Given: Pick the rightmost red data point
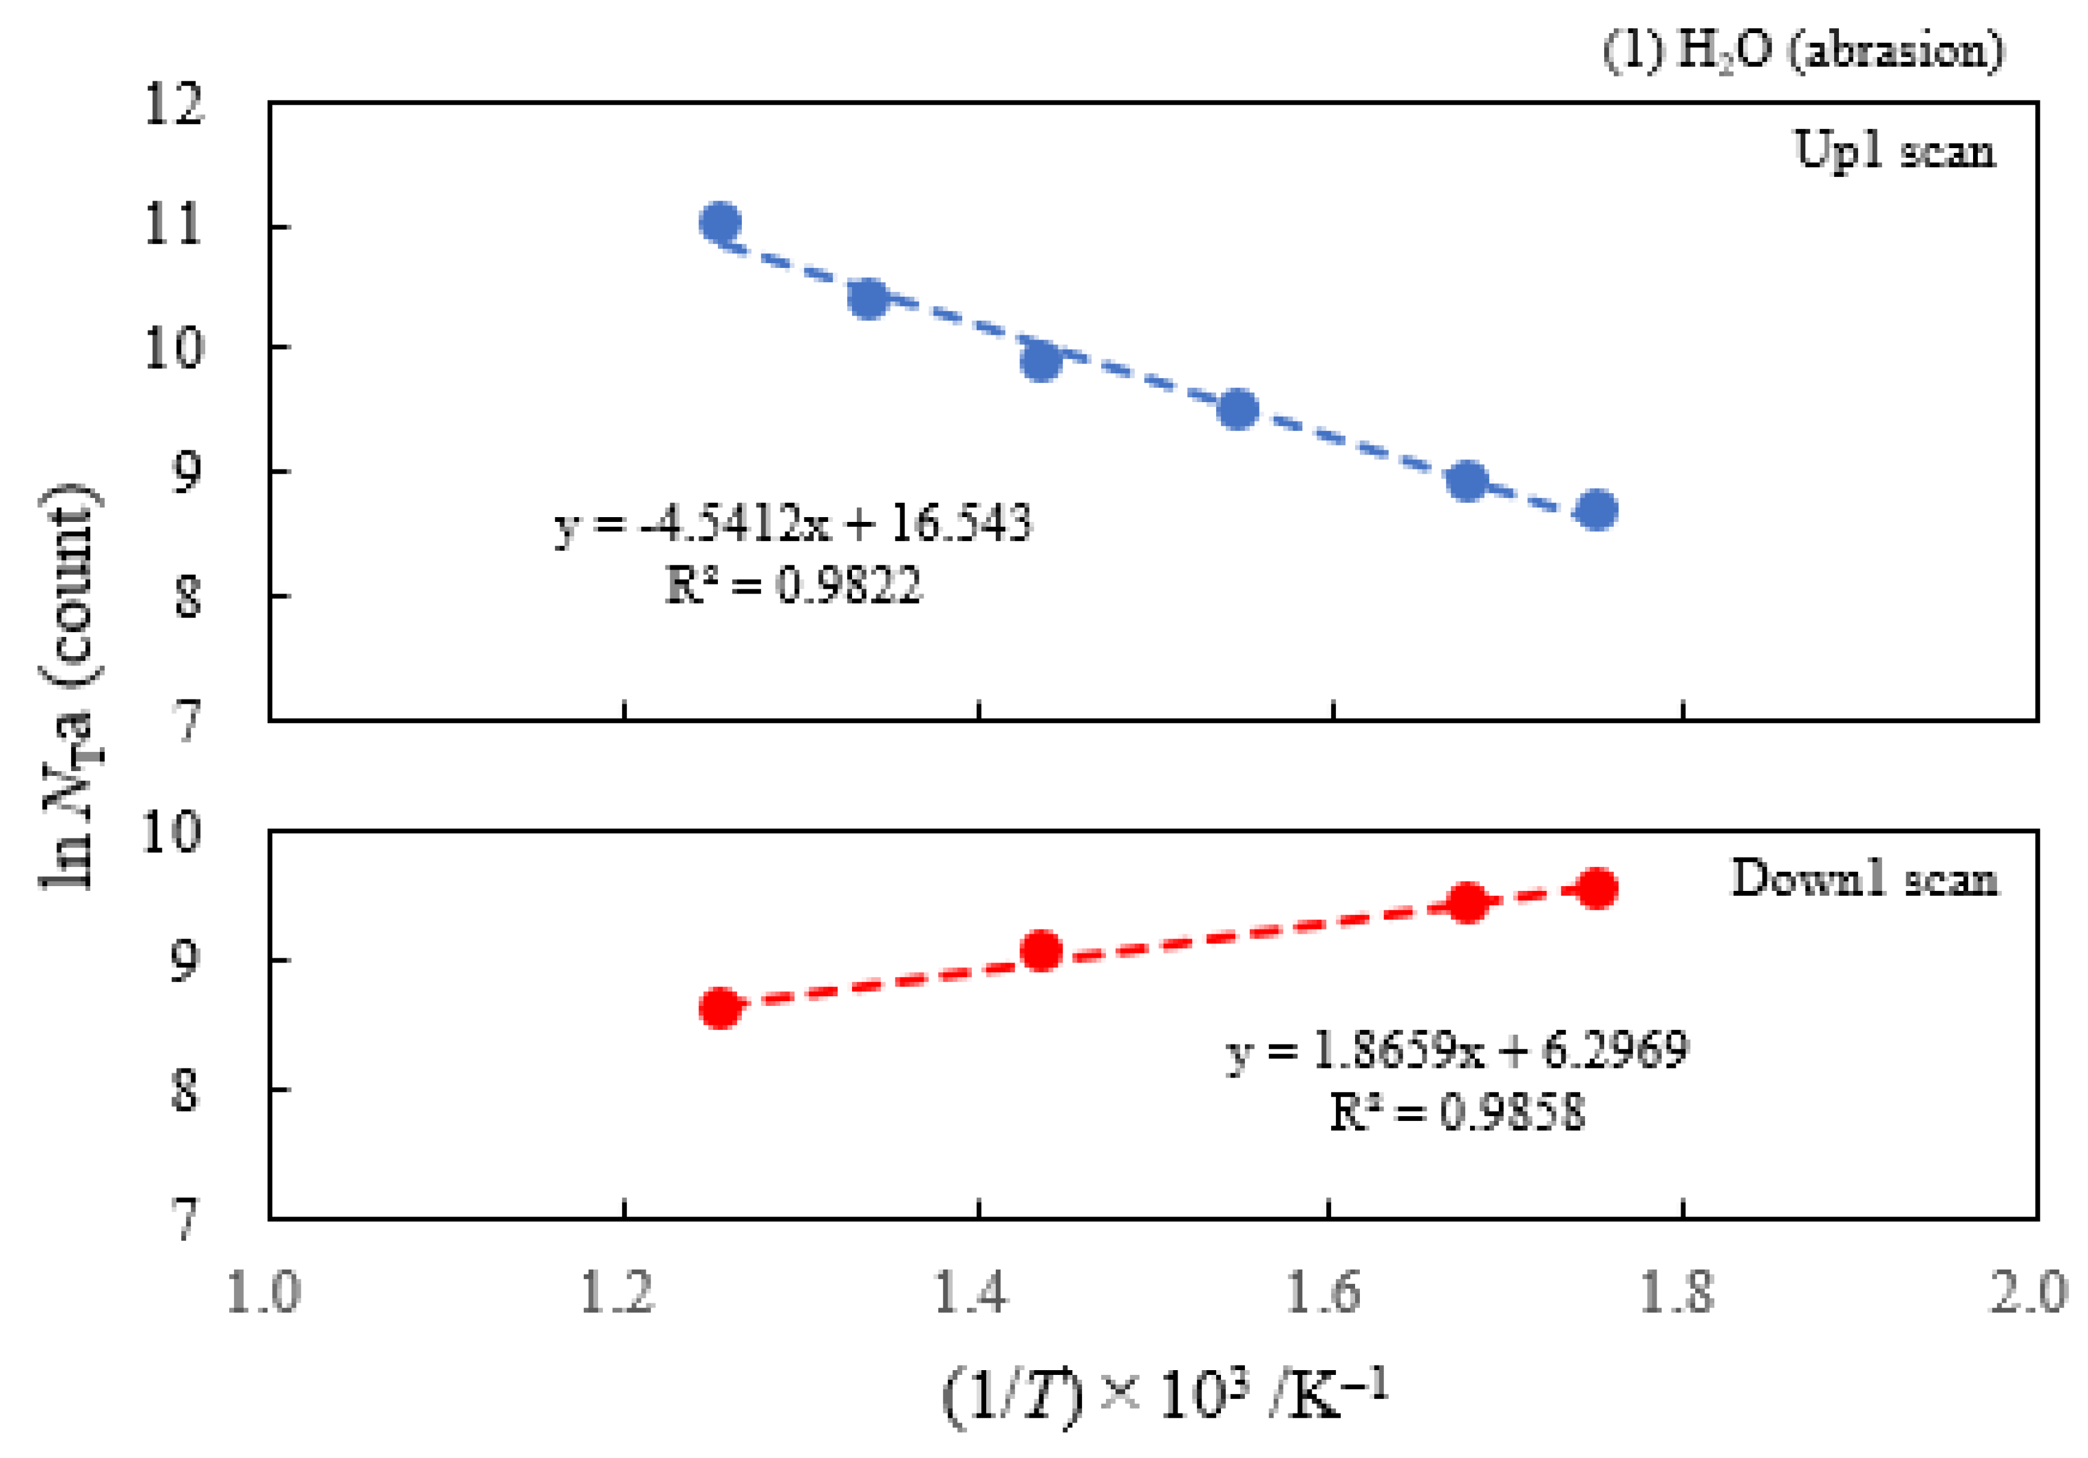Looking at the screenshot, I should point(1597,888).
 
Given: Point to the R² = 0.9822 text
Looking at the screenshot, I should point(793,585).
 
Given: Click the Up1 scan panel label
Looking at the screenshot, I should point(1894,150).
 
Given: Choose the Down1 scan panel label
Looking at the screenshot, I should point(1864,879).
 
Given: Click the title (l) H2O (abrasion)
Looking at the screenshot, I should point(1803,50).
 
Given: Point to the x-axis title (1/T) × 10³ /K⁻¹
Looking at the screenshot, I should point(1164,1395).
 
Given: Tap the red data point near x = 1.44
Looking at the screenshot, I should point(1041,951).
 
